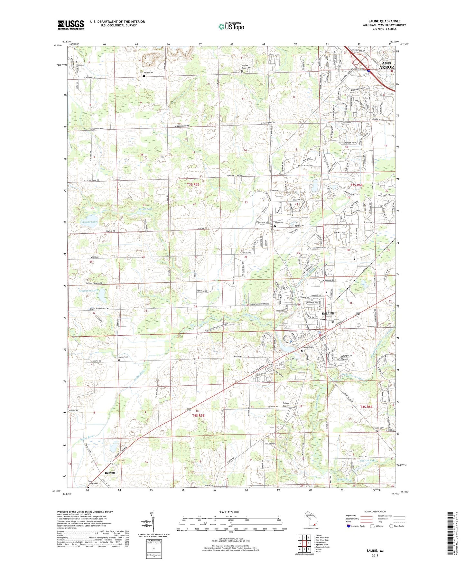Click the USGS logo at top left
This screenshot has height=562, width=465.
(x=71, y=25)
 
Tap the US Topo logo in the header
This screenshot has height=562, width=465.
(x=231, y=26)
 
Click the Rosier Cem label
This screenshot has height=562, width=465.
(x=148, y=73)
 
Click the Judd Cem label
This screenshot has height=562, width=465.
(x=379, y=428)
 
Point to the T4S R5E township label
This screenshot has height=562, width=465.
(x=198, y=416)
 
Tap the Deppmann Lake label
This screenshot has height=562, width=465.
(x=88, y=290)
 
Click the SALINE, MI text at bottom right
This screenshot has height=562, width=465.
(x=375, y=551)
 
